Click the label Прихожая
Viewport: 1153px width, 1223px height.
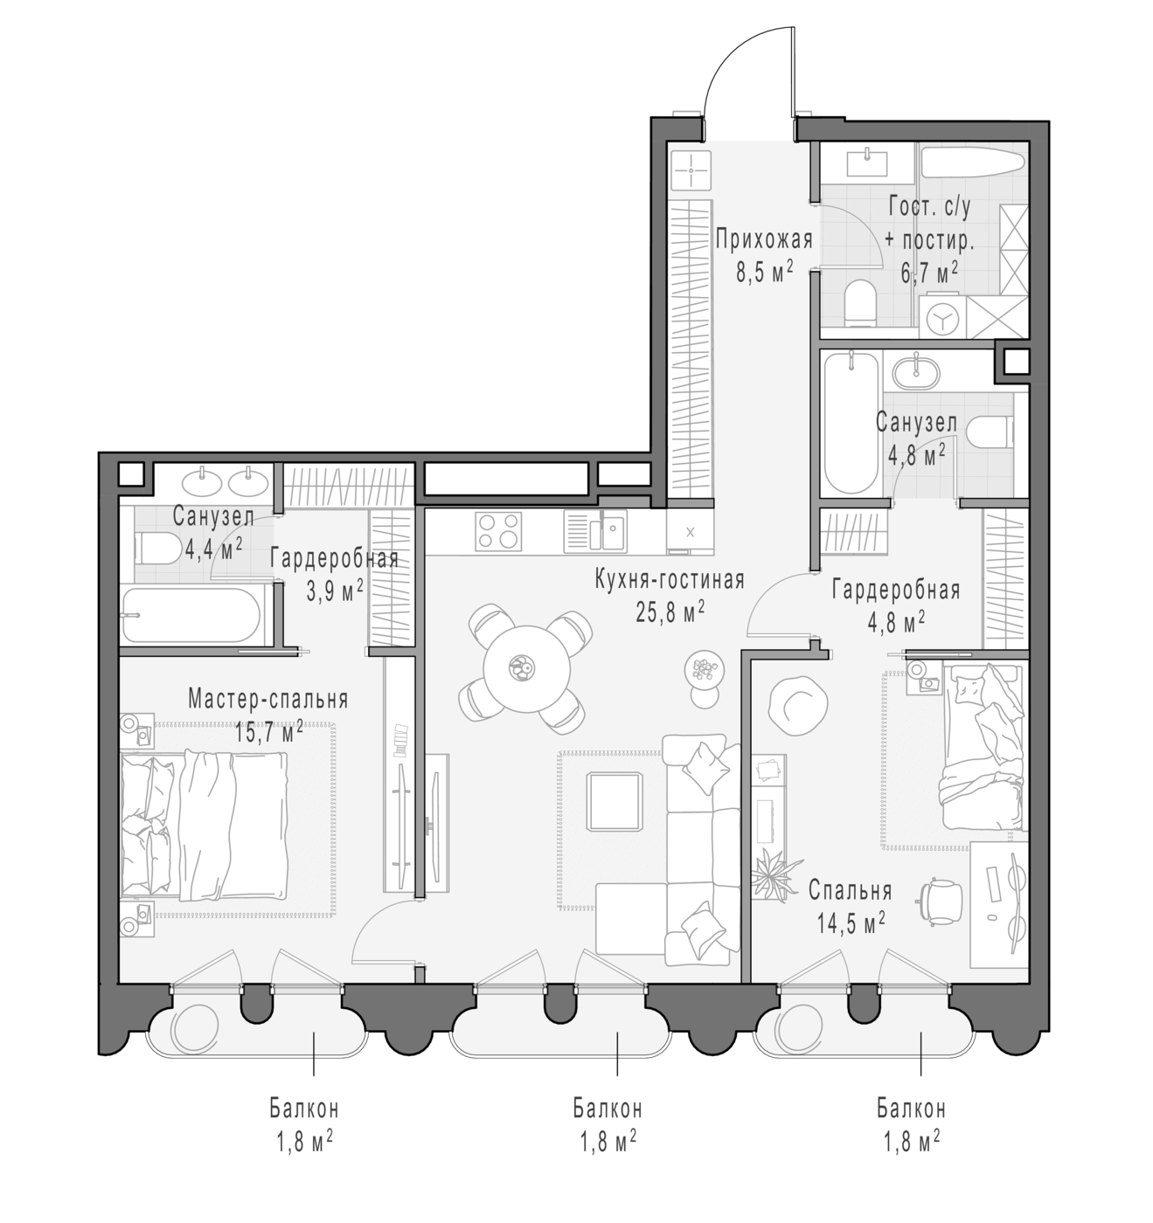pos(764,239)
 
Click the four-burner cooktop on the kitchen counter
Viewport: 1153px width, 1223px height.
pos(498,531)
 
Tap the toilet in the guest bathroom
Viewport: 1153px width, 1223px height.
pos(861,304)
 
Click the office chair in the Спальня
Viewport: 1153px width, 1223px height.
pos(941,902)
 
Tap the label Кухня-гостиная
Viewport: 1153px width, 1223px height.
pos(670,579)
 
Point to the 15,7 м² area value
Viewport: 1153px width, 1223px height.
pos(269,732)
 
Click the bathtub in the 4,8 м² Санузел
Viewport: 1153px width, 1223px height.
pos(851,422)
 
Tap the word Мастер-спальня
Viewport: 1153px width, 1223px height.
pos(268,699)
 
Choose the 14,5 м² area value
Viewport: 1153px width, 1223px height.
pos(851,923)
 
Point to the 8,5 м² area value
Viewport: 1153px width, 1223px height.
pos(764,271)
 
